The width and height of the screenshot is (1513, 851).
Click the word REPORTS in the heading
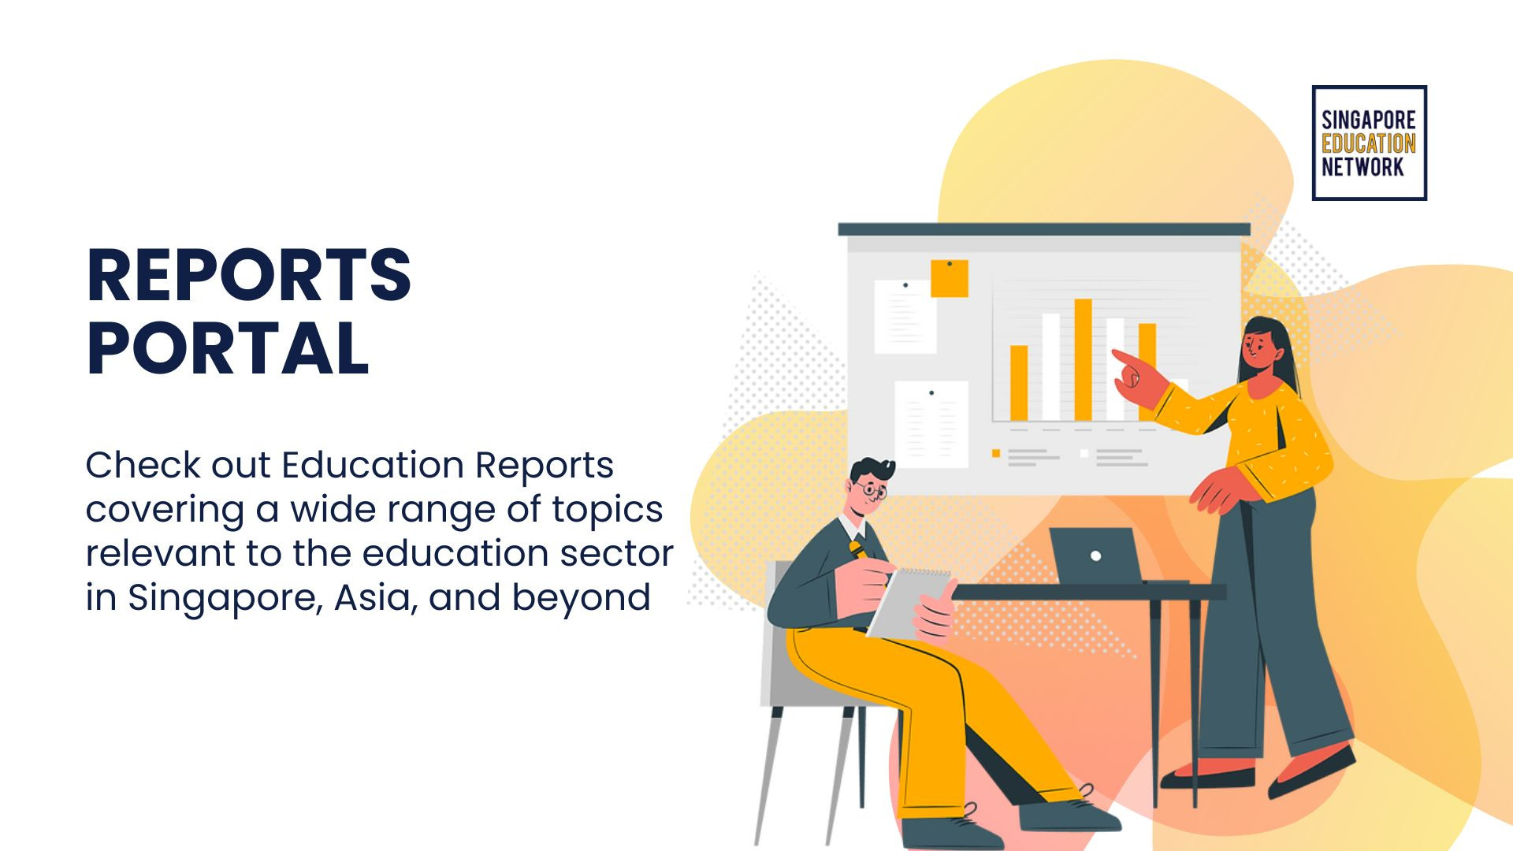248,276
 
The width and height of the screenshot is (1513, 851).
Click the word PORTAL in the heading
228,349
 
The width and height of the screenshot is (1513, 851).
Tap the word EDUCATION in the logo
1368,143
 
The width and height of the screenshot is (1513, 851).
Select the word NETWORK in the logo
1362,167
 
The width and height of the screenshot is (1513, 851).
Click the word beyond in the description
582,597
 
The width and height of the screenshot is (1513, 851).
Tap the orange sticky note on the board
949,278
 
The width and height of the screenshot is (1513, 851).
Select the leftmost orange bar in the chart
1019,383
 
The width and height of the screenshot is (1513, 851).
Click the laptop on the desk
1095,556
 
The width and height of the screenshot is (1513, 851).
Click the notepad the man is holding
906,603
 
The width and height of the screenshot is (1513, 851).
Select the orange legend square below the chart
996,454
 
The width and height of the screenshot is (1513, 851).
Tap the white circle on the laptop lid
1095,556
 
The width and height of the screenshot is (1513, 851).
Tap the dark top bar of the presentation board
1043,229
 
